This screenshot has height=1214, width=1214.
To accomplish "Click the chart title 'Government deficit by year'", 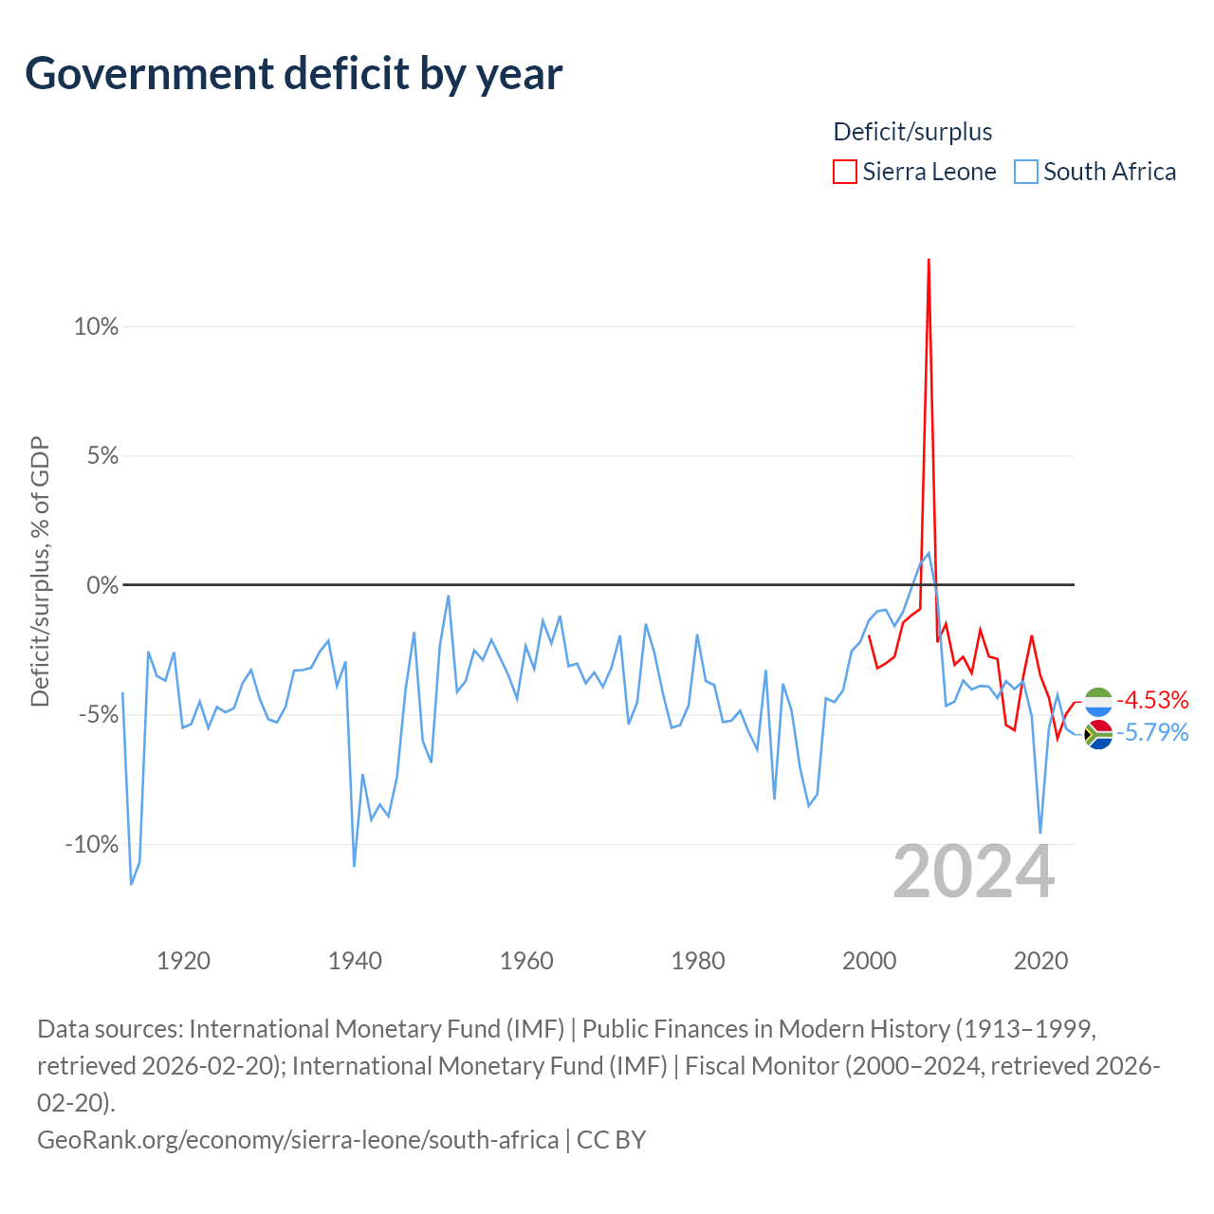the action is click(x=293, y=74).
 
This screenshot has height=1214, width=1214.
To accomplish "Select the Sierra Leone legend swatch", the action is click(x=844, y=172).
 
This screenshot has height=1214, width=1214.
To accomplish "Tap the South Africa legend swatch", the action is click(x=1025, y=172).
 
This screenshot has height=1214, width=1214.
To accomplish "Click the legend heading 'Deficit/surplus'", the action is click(x=912, y=132).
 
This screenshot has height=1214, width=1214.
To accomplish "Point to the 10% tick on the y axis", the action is click(x=96, y=326).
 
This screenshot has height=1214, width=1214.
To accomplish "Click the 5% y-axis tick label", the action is click(x=102, y=455).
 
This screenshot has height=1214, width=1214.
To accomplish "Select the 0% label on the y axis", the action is click(x=102, y=585).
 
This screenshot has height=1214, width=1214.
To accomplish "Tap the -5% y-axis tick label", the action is click(x=99, y=715).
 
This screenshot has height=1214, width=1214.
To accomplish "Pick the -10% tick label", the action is click(x=91, y=844).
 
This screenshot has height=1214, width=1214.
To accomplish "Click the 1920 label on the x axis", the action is click(x=183, y=962).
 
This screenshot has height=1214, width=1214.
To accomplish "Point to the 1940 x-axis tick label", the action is click(x=355, y=962).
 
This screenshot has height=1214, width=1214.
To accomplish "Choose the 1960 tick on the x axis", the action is click(x=526, y=962).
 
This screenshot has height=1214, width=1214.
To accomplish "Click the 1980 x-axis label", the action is click(x=698, y=962).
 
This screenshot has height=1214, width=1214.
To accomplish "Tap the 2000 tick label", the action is click(x=870, y=962).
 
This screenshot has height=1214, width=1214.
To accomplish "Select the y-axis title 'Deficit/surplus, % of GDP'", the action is click(x=41, y=571).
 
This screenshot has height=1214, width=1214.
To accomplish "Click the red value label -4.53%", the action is click(x=1152, y=700).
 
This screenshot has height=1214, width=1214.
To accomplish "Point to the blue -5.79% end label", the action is click(x=1152, y=733).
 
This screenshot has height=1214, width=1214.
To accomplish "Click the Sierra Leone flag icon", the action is click(x=1098, y=702).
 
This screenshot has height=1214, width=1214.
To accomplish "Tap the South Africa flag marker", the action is click(x=1098, y=735).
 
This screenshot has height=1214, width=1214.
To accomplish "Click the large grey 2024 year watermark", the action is click(x=973, y=873).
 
